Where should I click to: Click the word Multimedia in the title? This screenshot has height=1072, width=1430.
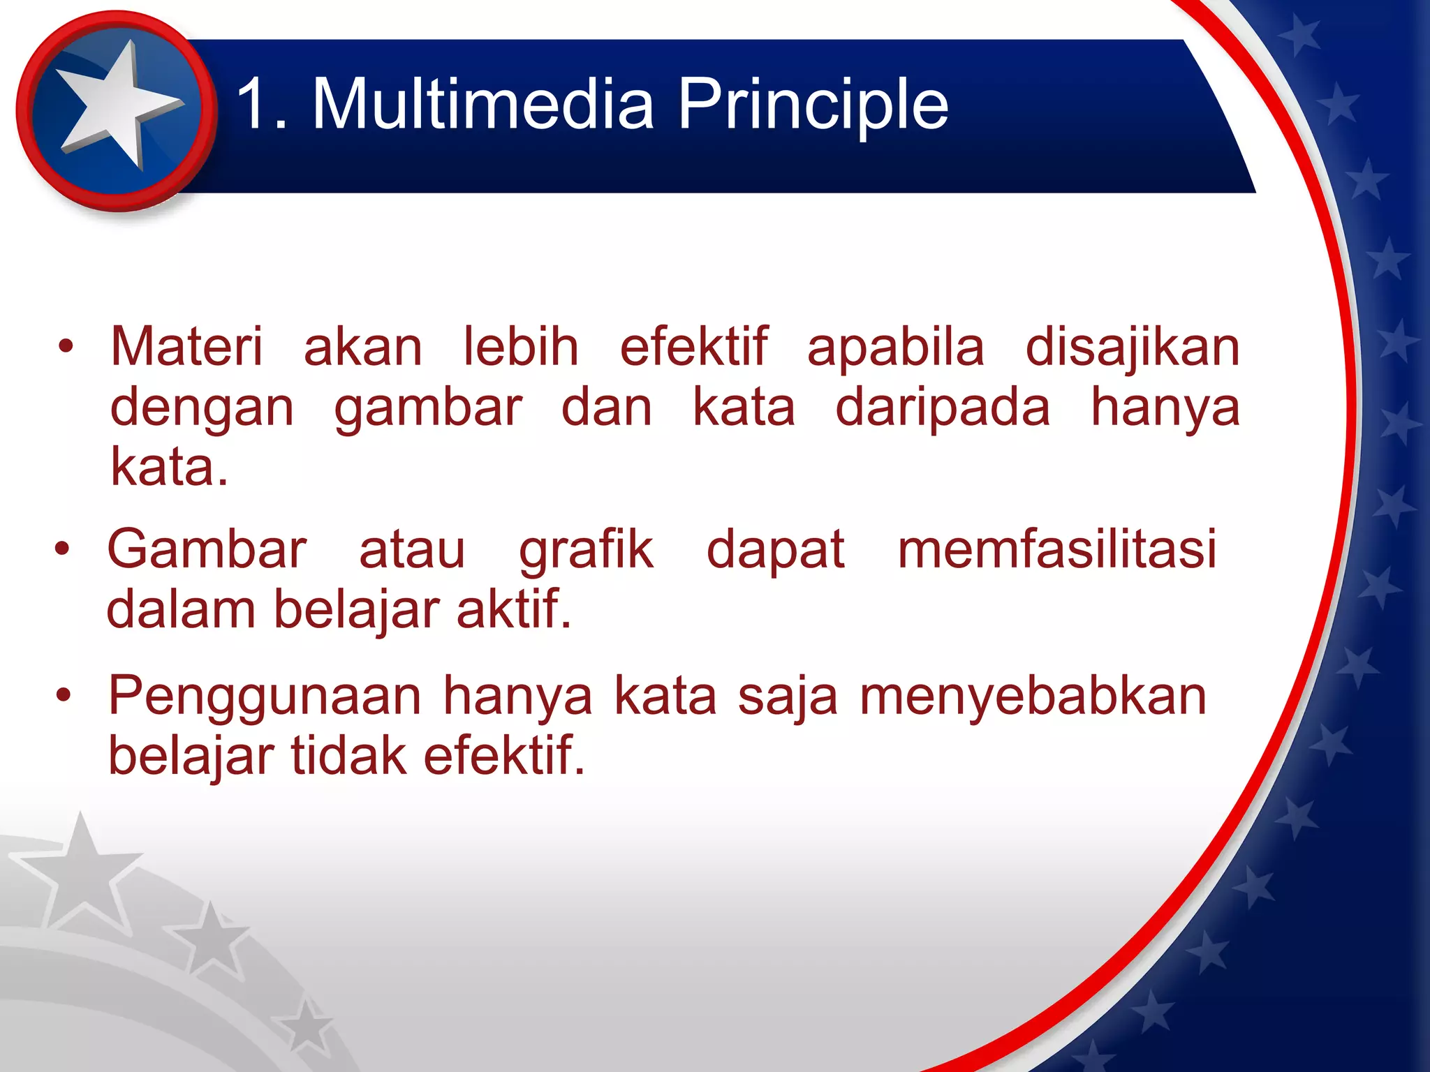(483, 105)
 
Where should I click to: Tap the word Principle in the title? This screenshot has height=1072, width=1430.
(813, 105)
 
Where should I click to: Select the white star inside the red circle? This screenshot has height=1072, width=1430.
(115, 105)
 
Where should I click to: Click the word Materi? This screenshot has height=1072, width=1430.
(186, 347)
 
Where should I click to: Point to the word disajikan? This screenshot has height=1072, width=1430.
(1132, 347)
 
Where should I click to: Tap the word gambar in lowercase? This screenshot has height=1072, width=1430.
(428, 408)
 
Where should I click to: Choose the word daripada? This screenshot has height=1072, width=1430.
(943, 408)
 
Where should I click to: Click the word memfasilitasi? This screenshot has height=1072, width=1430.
(1057, 549)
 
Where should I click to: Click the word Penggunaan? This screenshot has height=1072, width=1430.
(265, 697)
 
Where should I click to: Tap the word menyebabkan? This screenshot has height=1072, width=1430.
(1033, 697)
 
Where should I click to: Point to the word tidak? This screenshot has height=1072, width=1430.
(348, 756)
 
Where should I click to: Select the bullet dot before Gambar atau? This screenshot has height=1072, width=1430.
(63, 549)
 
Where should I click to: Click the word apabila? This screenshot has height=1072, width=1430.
(895, 347)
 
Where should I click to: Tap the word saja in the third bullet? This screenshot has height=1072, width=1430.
(787, 697)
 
